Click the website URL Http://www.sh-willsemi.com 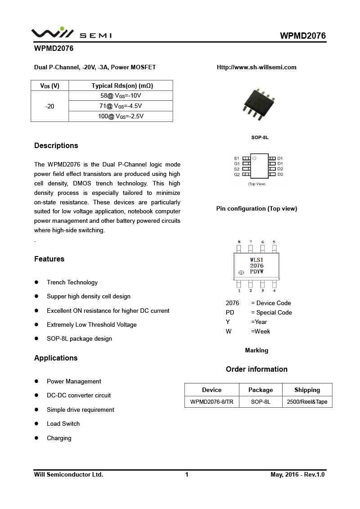pos(256,68)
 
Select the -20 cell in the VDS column pos(50,107)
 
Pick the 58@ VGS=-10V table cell pos(121,96)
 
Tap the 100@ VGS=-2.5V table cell pos(121,116)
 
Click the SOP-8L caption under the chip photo pos(260,137)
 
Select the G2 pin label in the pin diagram pos(237,174)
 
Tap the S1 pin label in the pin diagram pos(237,158)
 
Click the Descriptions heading pos(56,146)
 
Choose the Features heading pos(49,259)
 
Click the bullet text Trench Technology pos(72,283)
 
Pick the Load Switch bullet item pos(63,424)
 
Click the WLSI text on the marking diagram pos(256,260)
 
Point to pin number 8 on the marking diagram pos(239,242)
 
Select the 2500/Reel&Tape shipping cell pos(307,402)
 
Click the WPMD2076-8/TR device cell pos(211,402)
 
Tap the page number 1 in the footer pos(187,475)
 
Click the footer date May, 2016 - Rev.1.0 pos(297,475)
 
